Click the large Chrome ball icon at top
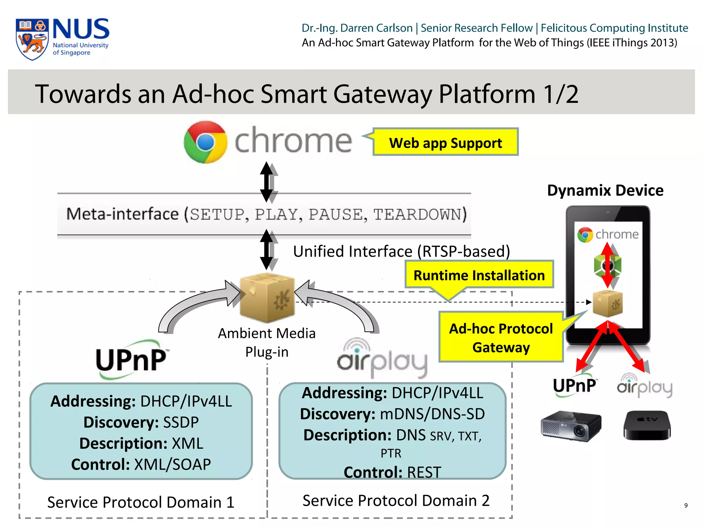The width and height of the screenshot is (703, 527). click(205, 142)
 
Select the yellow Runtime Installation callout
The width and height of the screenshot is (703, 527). click(479, 275)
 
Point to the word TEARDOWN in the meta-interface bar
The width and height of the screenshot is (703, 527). click(420, 214)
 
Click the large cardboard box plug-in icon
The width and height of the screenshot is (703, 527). click(267, 297)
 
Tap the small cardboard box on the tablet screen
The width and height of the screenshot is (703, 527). click(608, 303)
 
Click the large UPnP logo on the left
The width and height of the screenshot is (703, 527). click(132, 359)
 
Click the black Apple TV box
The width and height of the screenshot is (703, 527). click(647, 425)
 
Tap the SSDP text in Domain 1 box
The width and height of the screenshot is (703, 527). click(181, 422)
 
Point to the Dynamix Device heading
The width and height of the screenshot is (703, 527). click(605, 190)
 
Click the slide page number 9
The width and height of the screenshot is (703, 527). click(685, 505)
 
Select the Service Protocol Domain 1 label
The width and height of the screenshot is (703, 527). click(141, 502)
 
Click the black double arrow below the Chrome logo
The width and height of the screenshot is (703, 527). click(267, 182)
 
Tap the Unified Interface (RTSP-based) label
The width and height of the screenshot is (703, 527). click(401, 251)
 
